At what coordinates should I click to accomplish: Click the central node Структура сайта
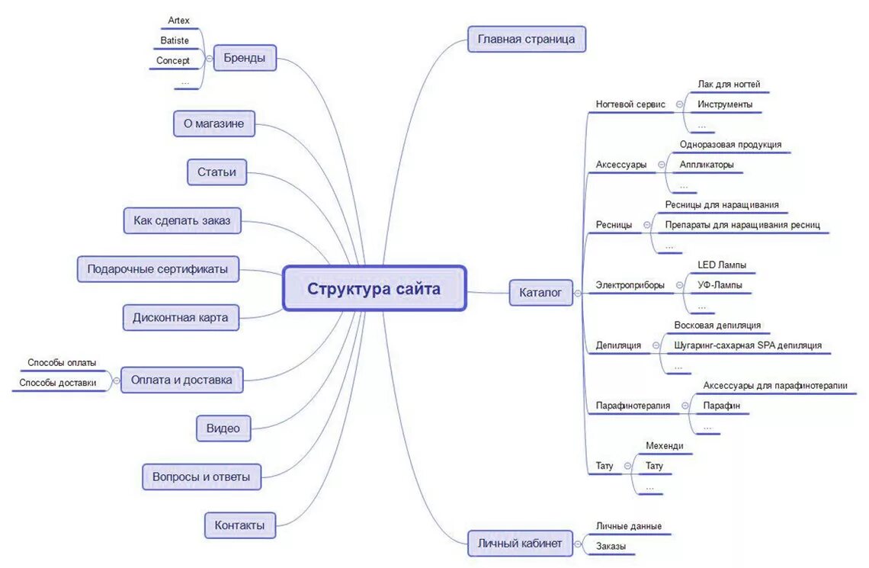point(374,289)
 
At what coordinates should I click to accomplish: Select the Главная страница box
point(526,39)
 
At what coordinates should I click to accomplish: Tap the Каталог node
point(540,292)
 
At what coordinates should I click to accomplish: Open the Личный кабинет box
point(519,544)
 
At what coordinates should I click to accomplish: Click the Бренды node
point(244,59)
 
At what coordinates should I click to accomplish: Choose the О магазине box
point(213,124)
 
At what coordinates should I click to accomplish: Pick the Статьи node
point(216,172)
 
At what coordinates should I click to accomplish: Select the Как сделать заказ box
point(182,221)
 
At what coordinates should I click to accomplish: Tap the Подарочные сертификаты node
point(158,269)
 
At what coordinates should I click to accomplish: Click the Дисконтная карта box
point(181,318)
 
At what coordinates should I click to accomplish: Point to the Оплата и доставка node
point(181,380)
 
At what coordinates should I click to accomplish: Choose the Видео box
point(223,428)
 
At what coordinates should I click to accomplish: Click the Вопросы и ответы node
point(201,477)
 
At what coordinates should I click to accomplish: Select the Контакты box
point(239,525)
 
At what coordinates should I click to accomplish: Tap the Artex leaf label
point(178,21)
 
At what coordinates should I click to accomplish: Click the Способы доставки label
point(58,383)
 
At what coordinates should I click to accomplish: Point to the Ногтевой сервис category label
point(630,104)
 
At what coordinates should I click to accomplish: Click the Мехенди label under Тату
point(665,446)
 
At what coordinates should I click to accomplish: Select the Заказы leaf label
point(611,546)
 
